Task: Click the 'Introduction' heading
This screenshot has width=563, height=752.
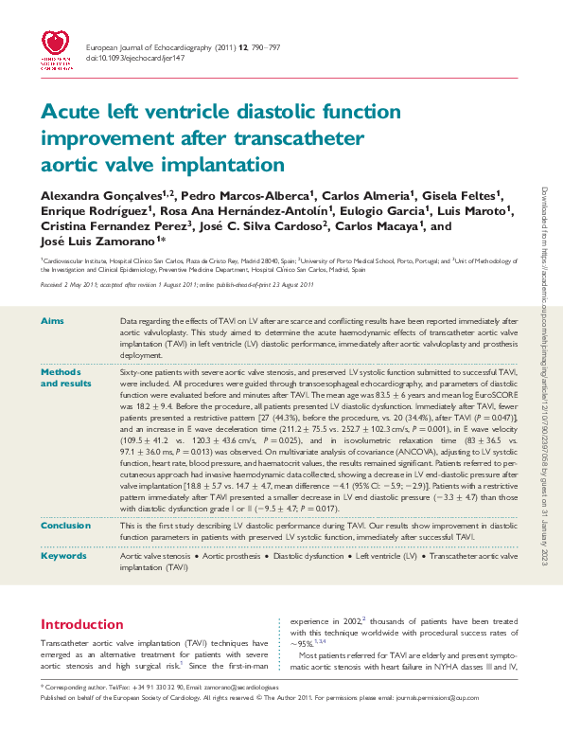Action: pyautogui.click(x=82, y=624)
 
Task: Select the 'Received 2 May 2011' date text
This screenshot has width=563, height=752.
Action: pyautogui.click(x=69, y=284)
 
